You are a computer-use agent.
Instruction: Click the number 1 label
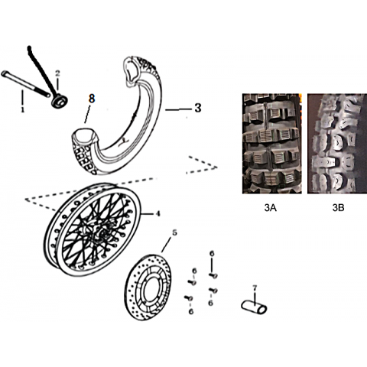[x=23, y=110]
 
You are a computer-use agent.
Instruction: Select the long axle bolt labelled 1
[x=25, y=84]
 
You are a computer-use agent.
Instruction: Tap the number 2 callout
[x=57, y=73]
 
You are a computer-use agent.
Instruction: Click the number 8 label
[x=92, y=98]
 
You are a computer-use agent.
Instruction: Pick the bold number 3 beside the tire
[x=198, y=108]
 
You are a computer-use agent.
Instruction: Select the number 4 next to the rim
[x=158, y=213]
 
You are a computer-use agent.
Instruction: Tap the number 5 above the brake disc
[x=174, y=232]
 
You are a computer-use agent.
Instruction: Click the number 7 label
[x=255, y=287]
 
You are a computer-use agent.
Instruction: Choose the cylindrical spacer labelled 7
[x=254, y=307]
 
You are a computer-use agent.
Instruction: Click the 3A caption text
[x=271, y=208]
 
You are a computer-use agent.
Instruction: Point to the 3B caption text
[x=338, y=208]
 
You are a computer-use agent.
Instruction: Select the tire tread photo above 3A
[x=272, y=144]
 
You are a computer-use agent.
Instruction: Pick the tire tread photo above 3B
[x=337, y=144]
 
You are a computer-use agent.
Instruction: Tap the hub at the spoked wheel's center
[x=100, y=231]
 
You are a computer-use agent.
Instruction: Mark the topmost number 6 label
[x=212, y=254]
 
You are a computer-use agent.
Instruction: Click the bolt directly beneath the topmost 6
[x=213, y=275]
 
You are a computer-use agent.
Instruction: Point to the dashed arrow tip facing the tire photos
[x=217, y=167]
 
